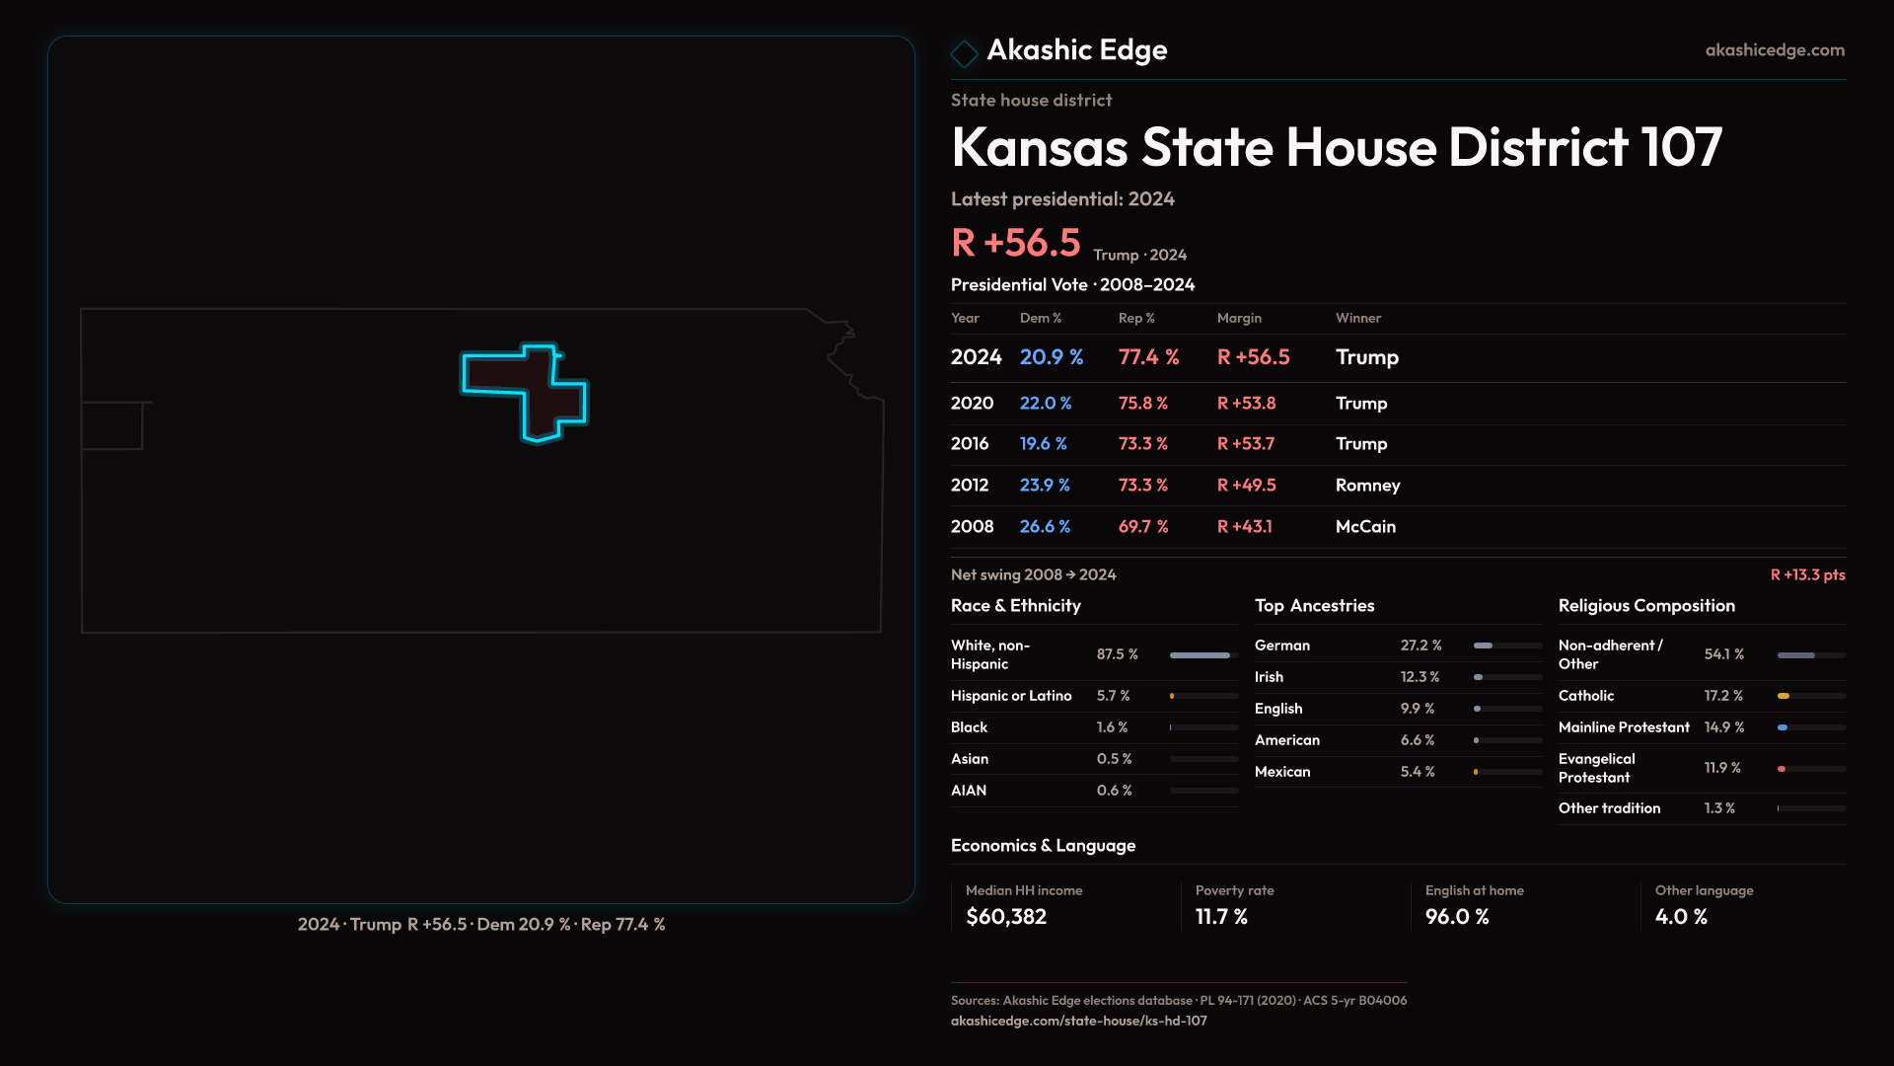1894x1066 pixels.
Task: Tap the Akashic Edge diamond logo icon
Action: point(964,53)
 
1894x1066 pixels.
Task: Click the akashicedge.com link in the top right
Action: point(1774,50)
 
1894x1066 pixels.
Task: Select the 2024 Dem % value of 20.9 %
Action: point(1051,357)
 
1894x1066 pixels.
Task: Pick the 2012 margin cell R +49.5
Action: point(1246,486)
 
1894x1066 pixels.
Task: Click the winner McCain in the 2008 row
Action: point(1365,527)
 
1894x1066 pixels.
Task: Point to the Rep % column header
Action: point(1135,318)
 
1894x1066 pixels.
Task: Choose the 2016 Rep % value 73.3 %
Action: point(1142,444)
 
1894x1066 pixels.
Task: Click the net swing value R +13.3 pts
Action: point(1807,574)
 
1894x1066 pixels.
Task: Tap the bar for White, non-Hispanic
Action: point(1201,655)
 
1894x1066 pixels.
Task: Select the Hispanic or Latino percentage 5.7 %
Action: point(1113,696)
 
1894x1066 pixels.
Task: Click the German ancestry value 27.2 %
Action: point(1420,646)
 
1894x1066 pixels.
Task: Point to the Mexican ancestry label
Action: point(1282,772)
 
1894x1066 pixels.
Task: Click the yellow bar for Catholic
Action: point(1784,696)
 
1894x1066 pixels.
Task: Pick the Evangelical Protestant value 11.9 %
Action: point(1722,768)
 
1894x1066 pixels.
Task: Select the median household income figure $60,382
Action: point(1006,917)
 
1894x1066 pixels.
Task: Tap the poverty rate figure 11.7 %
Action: point(1221,917)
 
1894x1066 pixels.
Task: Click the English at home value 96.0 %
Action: point(1457,917)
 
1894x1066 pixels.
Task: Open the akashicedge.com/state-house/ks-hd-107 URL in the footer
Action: point(1078,1021)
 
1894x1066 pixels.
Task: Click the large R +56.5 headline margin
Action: point(1016,243)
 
